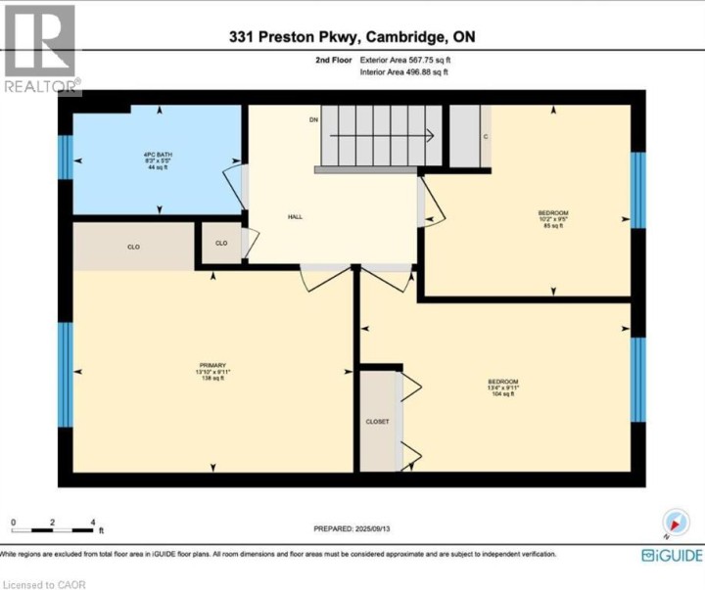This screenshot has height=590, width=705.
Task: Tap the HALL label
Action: pos(295,216)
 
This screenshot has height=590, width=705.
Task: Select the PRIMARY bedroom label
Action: pos(211,365)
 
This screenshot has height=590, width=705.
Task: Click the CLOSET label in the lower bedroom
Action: pos(378,421)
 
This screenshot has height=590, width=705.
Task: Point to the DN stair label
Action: pos(313,119)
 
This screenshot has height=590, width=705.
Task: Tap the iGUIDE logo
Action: pos(671,555)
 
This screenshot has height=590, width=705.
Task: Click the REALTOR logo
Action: pos(39,49)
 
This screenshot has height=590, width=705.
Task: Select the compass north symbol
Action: pos(675,522)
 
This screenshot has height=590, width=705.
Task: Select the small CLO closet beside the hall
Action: pos(221,243)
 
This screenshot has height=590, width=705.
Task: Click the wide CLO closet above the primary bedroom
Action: pos(133,247)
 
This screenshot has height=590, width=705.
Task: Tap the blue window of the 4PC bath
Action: pos(65,157)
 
